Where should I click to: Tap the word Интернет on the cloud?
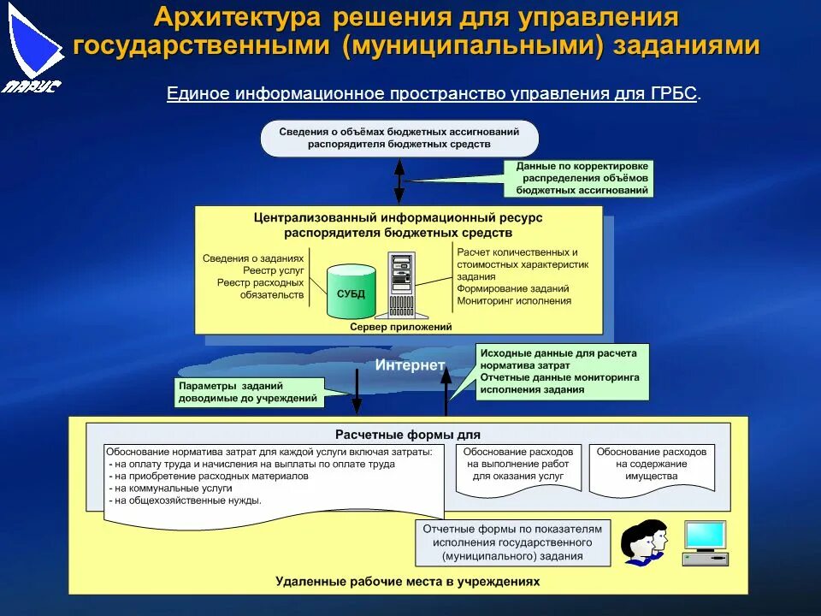[410, 365]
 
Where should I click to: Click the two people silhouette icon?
[644, 542]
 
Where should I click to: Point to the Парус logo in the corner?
[32, 47]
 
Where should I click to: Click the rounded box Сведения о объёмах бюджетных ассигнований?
[399, 138]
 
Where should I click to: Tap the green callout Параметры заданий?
[248, 391]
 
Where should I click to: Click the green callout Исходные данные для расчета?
[561, 370]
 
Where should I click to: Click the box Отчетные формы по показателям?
[512, 542]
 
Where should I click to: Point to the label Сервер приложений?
[400, 327]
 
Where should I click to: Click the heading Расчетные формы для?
[407, 435]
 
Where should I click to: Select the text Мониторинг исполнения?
[513, 300]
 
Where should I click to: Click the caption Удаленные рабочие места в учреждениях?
[408, 581]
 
